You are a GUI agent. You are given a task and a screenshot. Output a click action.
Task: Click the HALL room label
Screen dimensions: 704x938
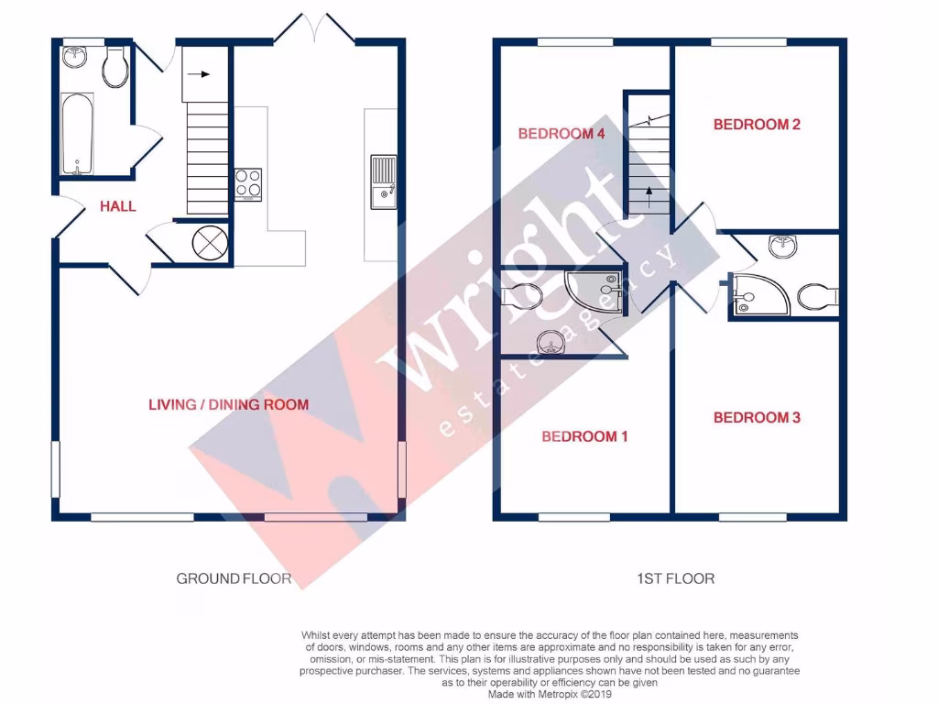(118, 206)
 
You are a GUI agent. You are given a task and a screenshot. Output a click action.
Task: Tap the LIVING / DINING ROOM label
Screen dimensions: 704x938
(229, 404)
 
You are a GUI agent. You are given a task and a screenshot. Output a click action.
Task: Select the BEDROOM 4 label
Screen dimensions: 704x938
(562, 134)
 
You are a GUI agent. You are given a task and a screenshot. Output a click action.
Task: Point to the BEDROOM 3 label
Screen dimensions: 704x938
(757, 418)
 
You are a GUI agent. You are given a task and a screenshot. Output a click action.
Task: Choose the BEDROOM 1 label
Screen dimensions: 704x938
(584, 436)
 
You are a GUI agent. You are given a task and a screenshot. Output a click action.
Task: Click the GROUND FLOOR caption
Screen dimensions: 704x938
(234, 578)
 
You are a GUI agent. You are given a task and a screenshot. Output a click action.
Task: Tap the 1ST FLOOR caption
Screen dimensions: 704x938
(675, 578)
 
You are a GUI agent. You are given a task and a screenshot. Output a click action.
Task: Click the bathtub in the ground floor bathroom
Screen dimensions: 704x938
(76, 133)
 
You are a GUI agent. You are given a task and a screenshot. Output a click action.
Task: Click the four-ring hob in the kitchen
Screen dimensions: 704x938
(246, 183)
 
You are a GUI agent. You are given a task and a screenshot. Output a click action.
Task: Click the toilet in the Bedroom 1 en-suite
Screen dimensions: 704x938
(523, 296)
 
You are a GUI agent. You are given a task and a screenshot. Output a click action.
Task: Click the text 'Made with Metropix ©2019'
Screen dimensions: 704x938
(551, 695)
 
